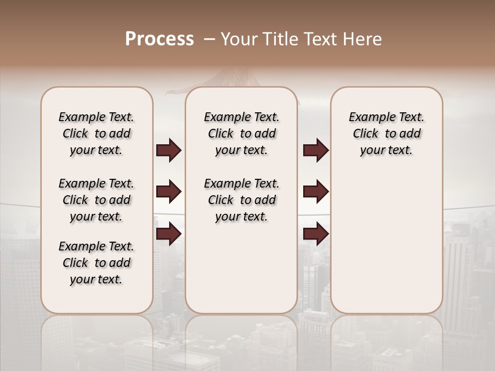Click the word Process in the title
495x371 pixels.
(159, 39)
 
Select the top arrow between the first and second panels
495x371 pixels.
(169, 150)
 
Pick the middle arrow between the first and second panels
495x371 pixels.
(169, 192)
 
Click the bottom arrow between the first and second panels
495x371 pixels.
(169, 234)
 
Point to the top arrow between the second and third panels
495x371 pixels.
(316, 150)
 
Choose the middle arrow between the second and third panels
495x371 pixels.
(316, 192)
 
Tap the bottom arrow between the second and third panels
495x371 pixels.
(316, 234)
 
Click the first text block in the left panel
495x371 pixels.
(96, 133)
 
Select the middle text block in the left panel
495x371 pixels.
(96, 200)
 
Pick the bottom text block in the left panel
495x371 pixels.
(96, 263)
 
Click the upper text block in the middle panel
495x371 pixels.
(242, 133)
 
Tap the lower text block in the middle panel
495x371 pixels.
(242, 200)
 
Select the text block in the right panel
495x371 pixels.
(387, 133)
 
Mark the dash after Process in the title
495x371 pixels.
(209, 39)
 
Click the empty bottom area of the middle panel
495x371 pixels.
(242, 273)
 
